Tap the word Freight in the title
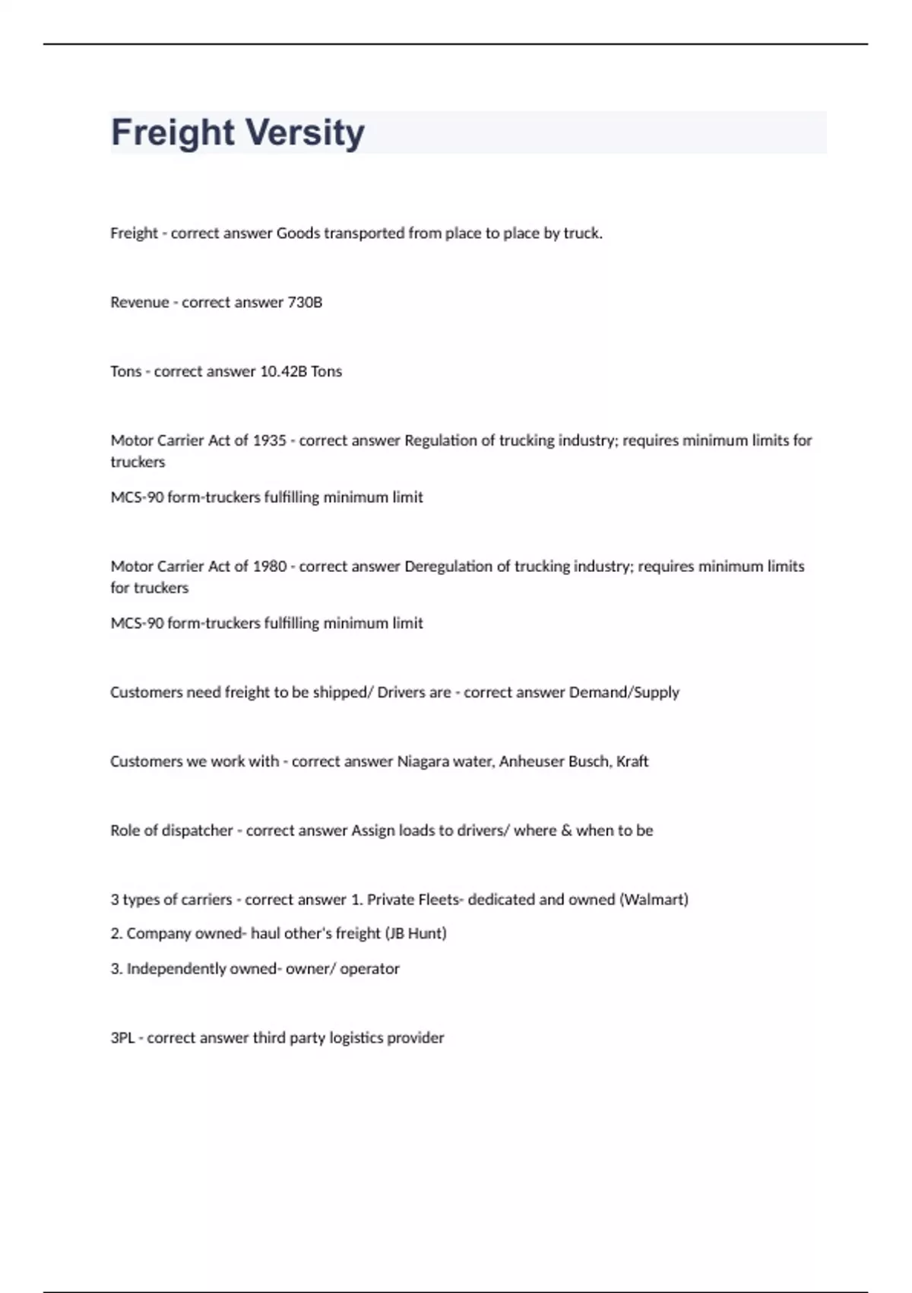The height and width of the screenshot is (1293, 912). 173,132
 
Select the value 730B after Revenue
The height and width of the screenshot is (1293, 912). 305,303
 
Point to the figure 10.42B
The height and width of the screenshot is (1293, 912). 283,372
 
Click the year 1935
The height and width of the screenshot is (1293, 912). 269,440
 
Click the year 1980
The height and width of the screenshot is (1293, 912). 270,567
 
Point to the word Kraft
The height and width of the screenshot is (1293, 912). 632,761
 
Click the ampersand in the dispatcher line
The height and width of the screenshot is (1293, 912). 566,831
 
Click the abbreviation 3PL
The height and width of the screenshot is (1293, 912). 122,1038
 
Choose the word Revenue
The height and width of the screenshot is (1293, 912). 140,303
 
